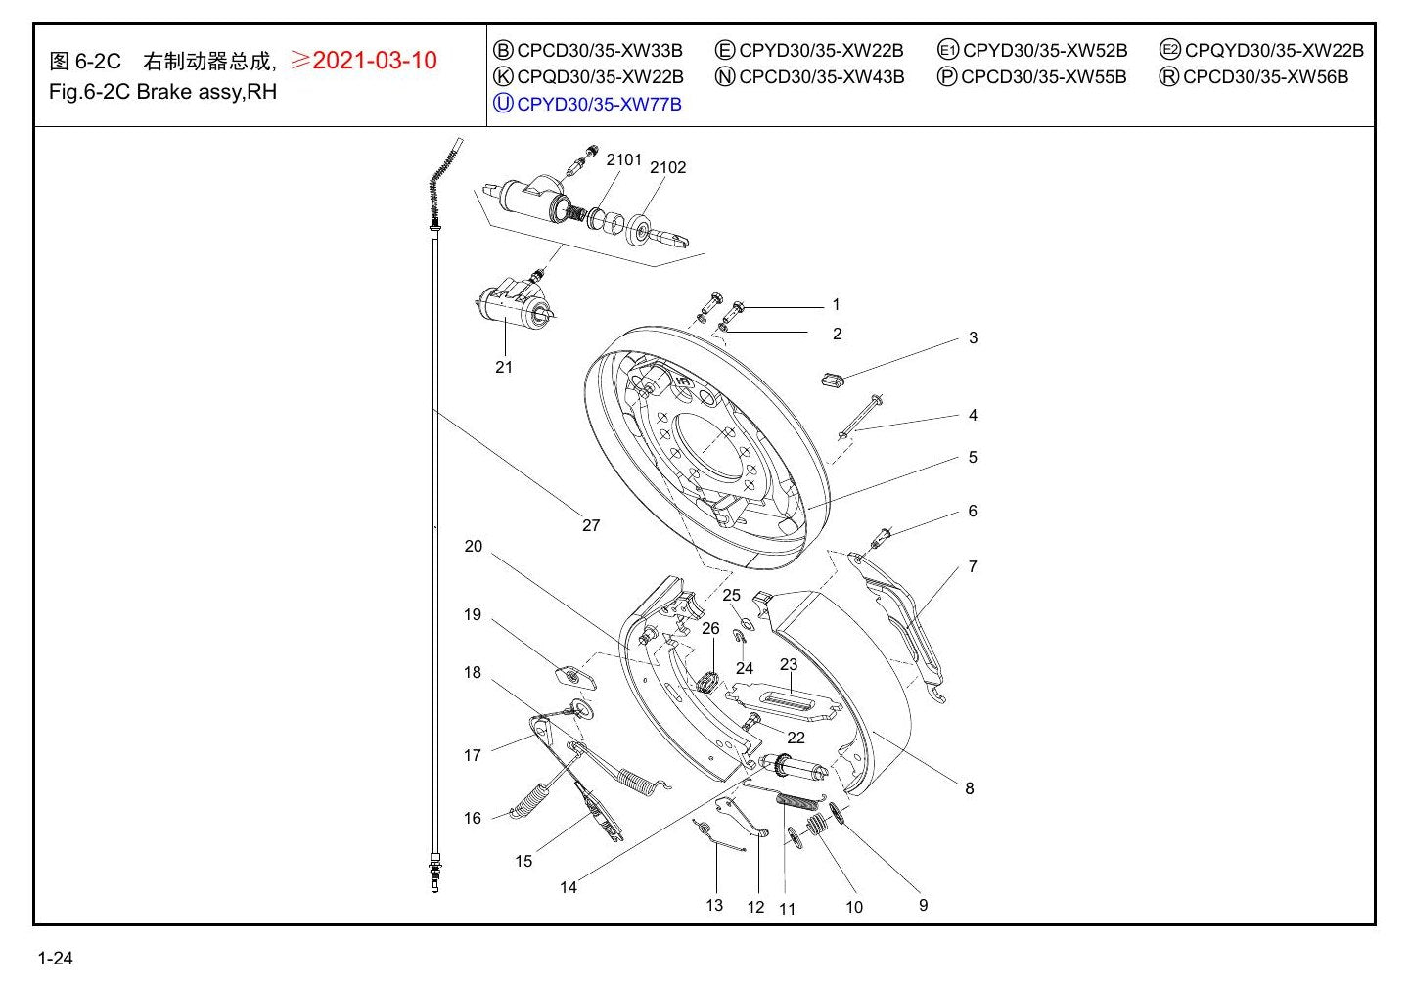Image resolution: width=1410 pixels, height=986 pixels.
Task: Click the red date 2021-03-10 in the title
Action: pyautogui.click(x=374, y=61)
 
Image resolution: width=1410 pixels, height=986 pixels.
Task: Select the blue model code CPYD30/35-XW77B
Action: pyautogui.click(x=599, y=104)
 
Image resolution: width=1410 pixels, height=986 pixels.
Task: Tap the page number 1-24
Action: pyautogui.click(x=56, y=959)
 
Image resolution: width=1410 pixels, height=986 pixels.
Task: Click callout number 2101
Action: pyautogui.click(x=624, y=159)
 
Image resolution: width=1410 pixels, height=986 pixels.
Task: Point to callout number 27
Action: pyautogui.click(x=590, y=525)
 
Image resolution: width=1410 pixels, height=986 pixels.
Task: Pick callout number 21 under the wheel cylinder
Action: pyautogui.click(x=504, y=367)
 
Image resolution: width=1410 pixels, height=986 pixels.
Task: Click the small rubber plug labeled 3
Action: pyautogui.click(x=833, y=379)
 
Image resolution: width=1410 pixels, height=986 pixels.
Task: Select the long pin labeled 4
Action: pyautogui.click(x=860, y=417)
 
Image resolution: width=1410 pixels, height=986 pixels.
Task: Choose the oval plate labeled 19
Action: pyautogui.click(x=574, y=677)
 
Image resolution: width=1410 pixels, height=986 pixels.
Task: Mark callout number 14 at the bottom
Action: pyautogui.click(x=568, y=887)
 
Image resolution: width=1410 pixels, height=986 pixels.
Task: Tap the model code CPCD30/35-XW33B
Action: pyautogui.click(x=599, y=50)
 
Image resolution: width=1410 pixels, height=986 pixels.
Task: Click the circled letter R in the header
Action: pyautogui.click(x=1168, y=76)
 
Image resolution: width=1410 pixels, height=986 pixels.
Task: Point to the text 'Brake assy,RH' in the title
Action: pyautogui.click(x=206, y=92)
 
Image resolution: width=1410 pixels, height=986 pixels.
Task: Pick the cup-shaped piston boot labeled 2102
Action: pyautogui.click(x=639, y=230)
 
